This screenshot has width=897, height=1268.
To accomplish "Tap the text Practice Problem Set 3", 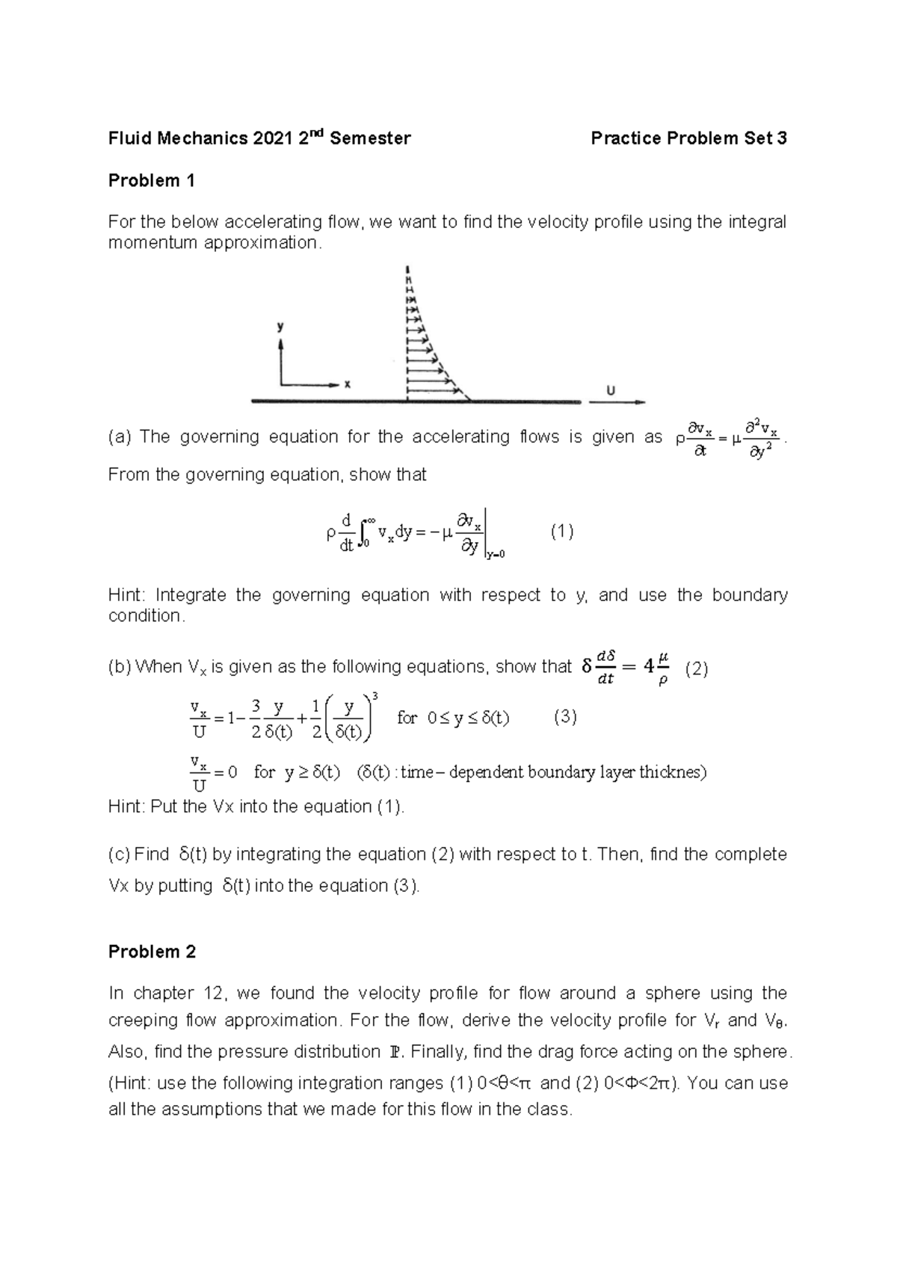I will point(688,138).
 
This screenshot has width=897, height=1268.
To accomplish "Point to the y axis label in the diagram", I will point(280,327).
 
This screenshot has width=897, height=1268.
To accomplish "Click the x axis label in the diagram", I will point(347,385).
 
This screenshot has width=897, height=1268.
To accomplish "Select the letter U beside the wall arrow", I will point(611,390).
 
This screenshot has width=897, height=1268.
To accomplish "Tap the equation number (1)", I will point(562,532).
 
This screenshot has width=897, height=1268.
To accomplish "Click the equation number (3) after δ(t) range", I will point(565,717).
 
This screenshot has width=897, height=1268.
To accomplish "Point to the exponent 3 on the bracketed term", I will point(374,696).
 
